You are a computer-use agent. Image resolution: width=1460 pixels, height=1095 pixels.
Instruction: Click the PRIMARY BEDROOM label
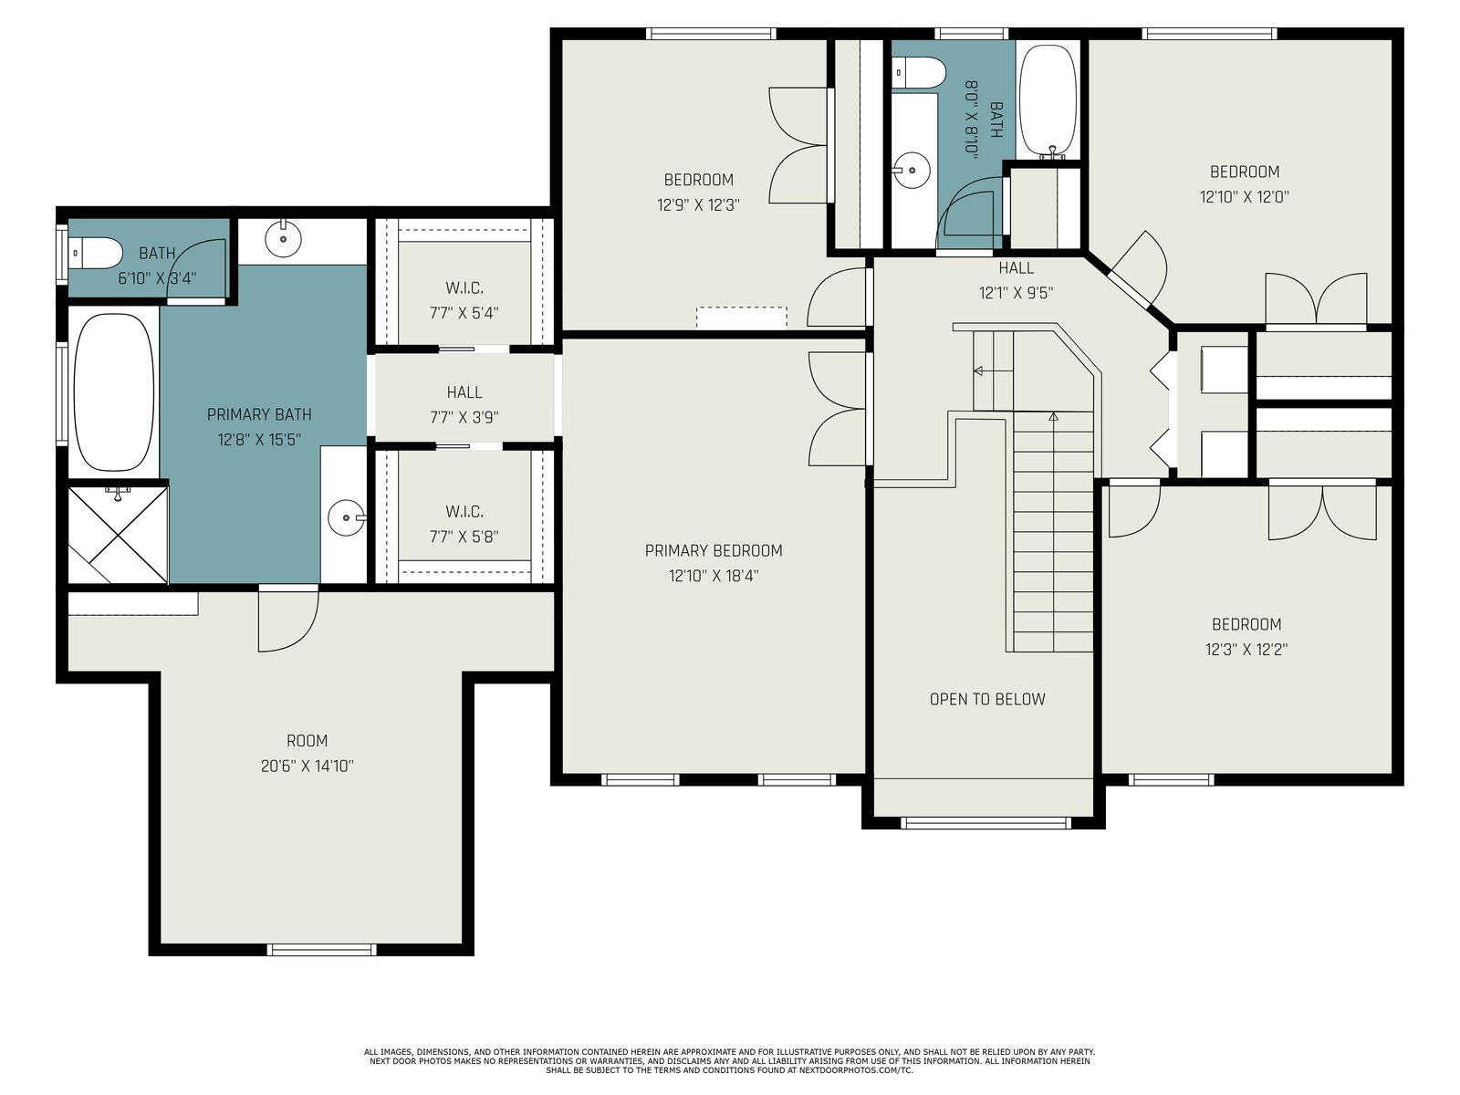click(713, 550)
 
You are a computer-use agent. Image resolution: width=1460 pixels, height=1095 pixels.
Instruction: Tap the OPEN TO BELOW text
click(987, 699)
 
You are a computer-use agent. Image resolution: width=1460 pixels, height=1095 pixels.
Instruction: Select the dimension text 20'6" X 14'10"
click(307, 766)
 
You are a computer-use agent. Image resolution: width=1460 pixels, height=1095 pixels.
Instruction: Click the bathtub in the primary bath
click(114, 391)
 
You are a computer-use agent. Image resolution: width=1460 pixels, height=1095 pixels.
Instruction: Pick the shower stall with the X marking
click(118, 536)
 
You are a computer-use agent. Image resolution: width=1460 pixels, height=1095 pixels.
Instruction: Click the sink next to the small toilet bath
click(284, 238)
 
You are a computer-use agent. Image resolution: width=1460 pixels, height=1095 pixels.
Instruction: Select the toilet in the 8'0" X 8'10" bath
click(919, 72)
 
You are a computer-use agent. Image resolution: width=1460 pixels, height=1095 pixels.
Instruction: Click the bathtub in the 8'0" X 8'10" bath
click(1048, 101)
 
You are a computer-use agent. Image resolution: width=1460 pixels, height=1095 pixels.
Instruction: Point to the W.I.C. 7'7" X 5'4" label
click(464, 300)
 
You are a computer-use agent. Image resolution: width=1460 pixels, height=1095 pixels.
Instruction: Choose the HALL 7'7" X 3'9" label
click(464, 405)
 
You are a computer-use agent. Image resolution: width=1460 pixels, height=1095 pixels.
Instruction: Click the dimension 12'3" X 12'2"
click(1246, 650)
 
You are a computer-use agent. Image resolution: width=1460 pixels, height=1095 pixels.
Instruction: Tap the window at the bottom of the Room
click(322, 949)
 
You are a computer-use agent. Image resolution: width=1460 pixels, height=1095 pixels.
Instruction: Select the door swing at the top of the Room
click(288, 621)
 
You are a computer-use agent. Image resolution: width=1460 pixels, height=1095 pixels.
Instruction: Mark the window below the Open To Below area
click(985, 823)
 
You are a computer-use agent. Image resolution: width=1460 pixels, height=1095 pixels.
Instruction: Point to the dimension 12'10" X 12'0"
click(1245, 197)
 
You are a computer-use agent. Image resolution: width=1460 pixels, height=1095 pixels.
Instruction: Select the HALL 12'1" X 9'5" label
click(1017, 280)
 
